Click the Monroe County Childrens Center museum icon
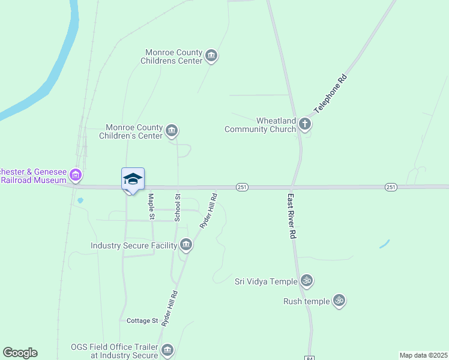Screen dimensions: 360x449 coord(211,56)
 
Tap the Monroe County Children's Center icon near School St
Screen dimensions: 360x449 coord(172,131)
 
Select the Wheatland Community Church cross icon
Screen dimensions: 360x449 coord(305,124)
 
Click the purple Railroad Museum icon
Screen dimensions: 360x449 coord(76,176)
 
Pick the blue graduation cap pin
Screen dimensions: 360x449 coord(133,179)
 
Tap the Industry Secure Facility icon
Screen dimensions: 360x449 coord(186,245)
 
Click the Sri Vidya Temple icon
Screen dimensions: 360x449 coord(306,281)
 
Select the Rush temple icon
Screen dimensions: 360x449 coord(339,301)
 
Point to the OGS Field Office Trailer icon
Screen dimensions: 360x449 coord(167,350)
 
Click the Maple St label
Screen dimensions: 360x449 coord(152,207)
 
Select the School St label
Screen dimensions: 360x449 coord(178,208)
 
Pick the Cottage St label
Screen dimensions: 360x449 coord(142,321)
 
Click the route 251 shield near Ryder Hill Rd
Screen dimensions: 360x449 coord(242,187)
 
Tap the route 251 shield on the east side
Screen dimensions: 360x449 coord(391,187)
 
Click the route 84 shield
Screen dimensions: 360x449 coord(310,358)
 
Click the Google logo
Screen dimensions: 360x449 coord(20,353)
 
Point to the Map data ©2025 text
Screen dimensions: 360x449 coord(423,355)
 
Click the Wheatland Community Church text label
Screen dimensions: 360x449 coord(261,125)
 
